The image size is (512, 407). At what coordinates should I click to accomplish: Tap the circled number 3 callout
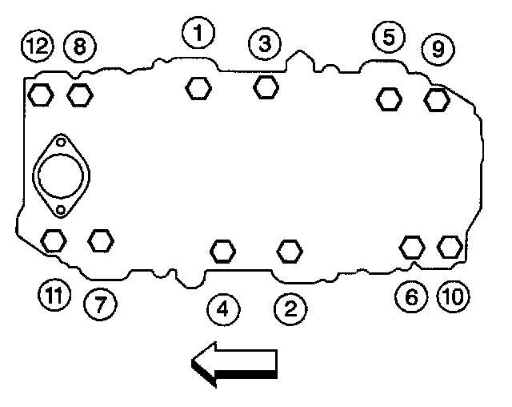click(x=264, y=43)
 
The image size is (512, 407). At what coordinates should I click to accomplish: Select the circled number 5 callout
click(x=388, y=36)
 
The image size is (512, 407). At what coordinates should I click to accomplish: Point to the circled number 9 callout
click(x=438, y=49)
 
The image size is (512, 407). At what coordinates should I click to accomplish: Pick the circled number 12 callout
click(x=35, y=46)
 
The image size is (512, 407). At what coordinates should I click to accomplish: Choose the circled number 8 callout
click(x=78, y=46)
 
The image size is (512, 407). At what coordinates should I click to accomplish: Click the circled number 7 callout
click(x=100, y=302)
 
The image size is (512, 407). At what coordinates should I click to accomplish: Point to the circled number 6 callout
click(x=411, y=297)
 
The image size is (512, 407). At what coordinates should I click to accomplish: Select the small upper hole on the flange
click(x=60, y=143)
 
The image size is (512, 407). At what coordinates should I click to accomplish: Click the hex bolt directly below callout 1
click(x=197, y=87)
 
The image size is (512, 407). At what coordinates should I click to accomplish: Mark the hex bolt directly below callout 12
click(x=40, y=95)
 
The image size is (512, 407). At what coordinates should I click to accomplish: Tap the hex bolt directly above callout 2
click(x=290, y=250)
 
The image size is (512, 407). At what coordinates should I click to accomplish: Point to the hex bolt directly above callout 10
click(x=450, y=245)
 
